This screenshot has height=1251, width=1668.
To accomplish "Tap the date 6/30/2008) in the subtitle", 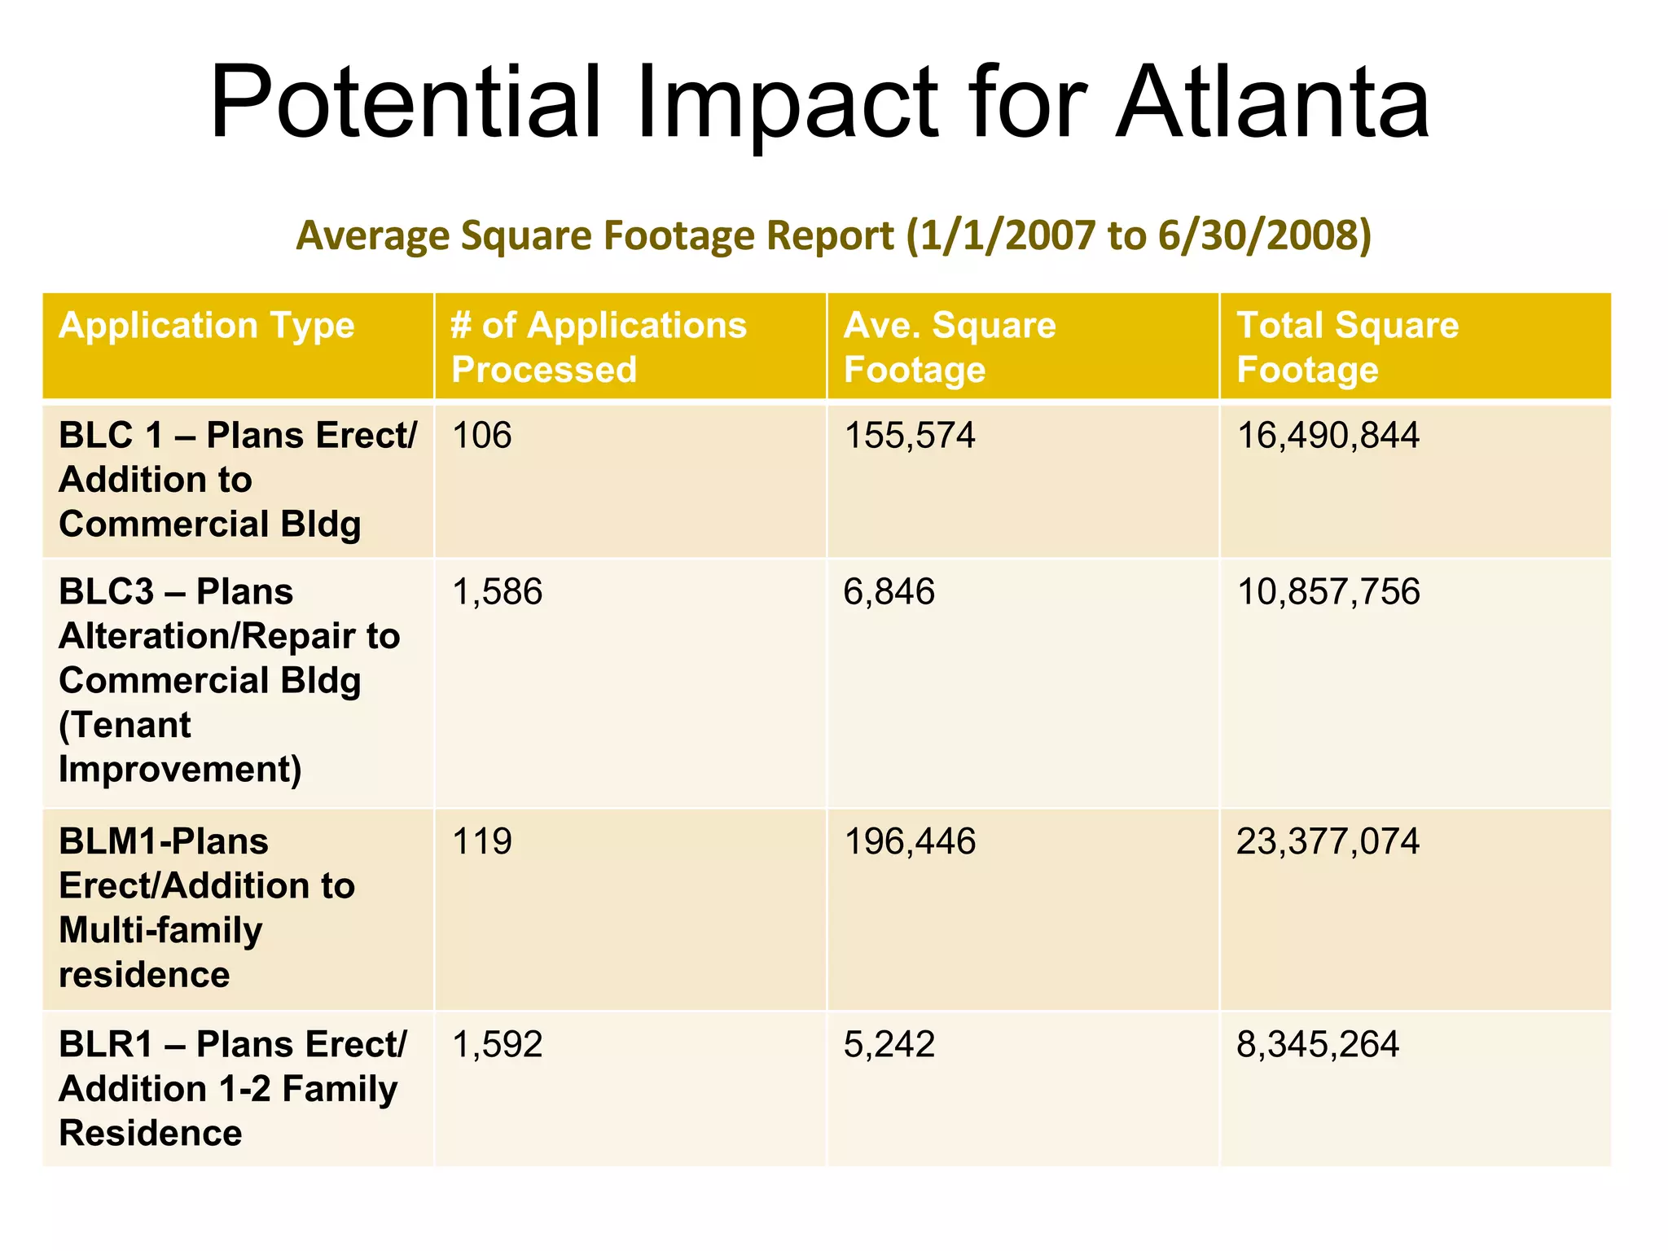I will [1264, 235].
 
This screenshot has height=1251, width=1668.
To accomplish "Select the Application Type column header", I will [207, 326].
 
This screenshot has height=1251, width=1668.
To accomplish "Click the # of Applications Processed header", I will [599, 347].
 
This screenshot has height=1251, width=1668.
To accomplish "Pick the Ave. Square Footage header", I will [950, 347].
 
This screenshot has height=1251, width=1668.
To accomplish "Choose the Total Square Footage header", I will [1347, 347].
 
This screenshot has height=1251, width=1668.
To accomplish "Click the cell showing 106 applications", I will [481, 436].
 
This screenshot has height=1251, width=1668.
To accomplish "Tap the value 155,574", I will [909, 436].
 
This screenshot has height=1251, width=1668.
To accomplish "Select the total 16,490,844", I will [1328, 436].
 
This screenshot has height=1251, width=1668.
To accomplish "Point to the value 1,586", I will [497, 592].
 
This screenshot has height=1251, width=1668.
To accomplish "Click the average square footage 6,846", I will [889, 592].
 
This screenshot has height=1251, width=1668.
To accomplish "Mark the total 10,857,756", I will [1328, 592].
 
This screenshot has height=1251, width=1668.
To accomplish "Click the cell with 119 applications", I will [481, 841].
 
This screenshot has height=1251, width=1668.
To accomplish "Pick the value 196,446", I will [909, 841].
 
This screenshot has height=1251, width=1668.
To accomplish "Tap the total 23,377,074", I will [1328, 841].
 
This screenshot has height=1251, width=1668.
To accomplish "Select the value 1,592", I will [497, 1045].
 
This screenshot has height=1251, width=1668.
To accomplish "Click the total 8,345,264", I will [1317, 1045].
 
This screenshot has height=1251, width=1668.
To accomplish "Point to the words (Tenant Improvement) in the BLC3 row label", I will [179, 747].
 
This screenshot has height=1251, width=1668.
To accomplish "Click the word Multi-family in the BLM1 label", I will [160, 930].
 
